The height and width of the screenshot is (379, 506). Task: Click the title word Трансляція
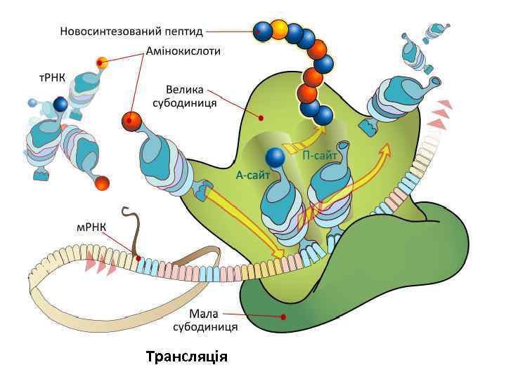(x=187, y=357)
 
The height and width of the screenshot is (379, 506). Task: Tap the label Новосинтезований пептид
(x=131, y=31)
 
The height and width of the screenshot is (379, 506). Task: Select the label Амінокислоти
(x=183, y=51)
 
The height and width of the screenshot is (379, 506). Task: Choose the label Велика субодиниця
(x=184, y=96)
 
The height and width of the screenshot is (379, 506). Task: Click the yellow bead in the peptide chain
(x=280, y=30)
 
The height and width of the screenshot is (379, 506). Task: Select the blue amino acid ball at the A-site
(x=275, y=158)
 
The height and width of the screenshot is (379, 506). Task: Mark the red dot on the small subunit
(x=283, y=317)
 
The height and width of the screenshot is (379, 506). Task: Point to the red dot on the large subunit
(x=261, y=117)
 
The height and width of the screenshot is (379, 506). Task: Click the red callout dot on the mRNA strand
(x=138, y=258)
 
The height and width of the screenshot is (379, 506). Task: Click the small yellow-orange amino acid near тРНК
(x=102, y=62)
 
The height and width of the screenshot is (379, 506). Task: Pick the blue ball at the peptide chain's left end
(x=261, y=30)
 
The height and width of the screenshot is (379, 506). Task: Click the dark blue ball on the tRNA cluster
(x=60, y=105)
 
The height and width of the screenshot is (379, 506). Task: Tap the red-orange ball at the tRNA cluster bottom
(x=102, y=184)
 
